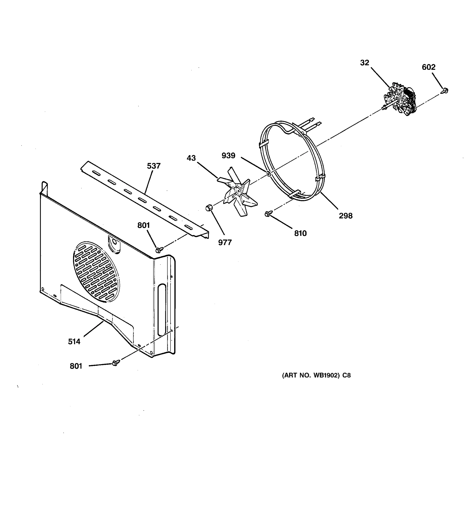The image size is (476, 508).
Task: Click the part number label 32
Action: (x=365, y=63)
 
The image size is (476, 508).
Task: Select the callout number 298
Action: (x=345, y=216)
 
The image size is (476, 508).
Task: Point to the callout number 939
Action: (x=228, y=155)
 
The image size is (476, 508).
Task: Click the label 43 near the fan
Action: (x=191, y=158)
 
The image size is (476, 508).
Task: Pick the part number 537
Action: (x=154, y=166)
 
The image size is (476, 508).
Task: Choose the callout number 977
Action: (x=225, y=242)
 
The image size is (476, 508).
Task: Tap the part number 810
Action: (x=300, y=233)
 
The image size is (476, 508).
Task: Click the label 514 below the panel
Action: (x=74, y=341)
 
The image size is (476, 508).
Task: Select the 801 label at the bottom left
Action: (x=76, y=366)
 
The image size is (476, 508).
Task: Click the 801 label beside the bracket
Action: (x=143, y=225)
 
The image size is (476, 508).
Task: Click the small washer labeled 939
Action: (x=269, y=174)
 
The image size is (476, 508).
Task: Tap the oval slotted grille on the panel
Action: (x=96, y=271)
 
